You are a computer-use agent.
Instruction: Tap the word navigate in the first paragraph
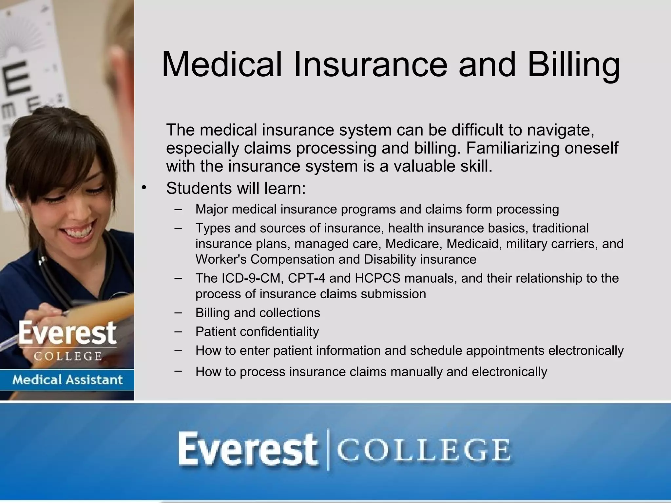point(561,130)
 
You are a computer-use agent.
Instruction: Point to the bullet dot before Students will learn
point(144,188)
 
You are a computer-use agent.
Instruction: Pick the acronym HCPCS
point(377,278)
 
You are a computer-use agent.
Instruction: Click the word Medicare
point(414,244)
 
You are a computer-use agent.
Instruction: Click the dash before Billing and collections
point(178,312)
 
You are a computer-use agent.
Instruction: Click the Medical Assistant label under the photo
point(67,380)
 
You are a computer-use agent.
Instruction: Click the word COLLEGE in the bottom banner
point(423,450)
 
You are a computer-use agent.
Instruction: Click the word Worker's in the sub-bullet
point(221,259)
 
